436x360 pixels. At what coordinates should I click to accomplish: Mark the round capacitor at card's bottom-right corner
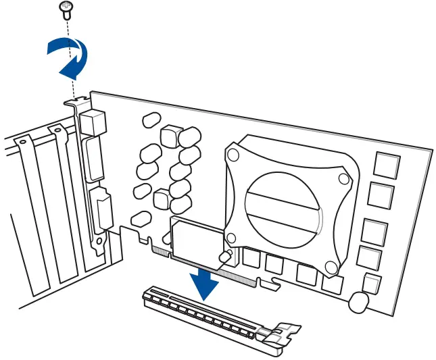click(x=360, y=301)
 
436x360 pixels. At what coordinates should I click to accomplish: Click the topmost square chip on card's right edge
click(x=387, y=165)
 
